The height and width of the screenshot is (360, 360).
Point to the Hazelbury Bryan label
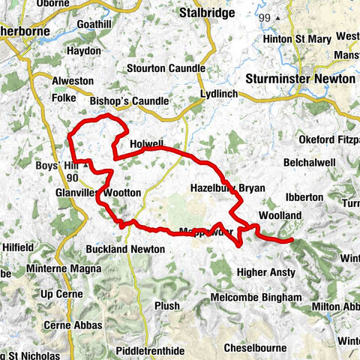point(227,188)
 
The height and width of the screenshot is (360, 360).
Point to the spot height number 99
point(262,16)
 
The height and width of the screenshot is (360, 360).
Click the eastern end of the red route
point(290,240)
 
